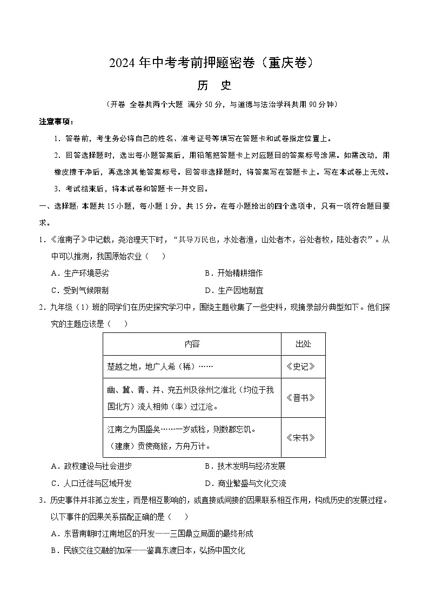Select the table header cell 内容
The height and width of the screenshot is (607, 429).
(191, 344)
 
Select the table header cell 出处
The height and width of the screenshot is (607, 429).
(303, 344)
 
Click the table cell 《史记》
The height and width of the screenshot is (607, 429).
(303, 366)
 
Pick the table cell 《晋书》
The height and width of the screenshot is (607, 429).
(303, 397)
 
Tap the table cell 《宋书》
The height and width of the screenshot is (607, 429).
(303, 437)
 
